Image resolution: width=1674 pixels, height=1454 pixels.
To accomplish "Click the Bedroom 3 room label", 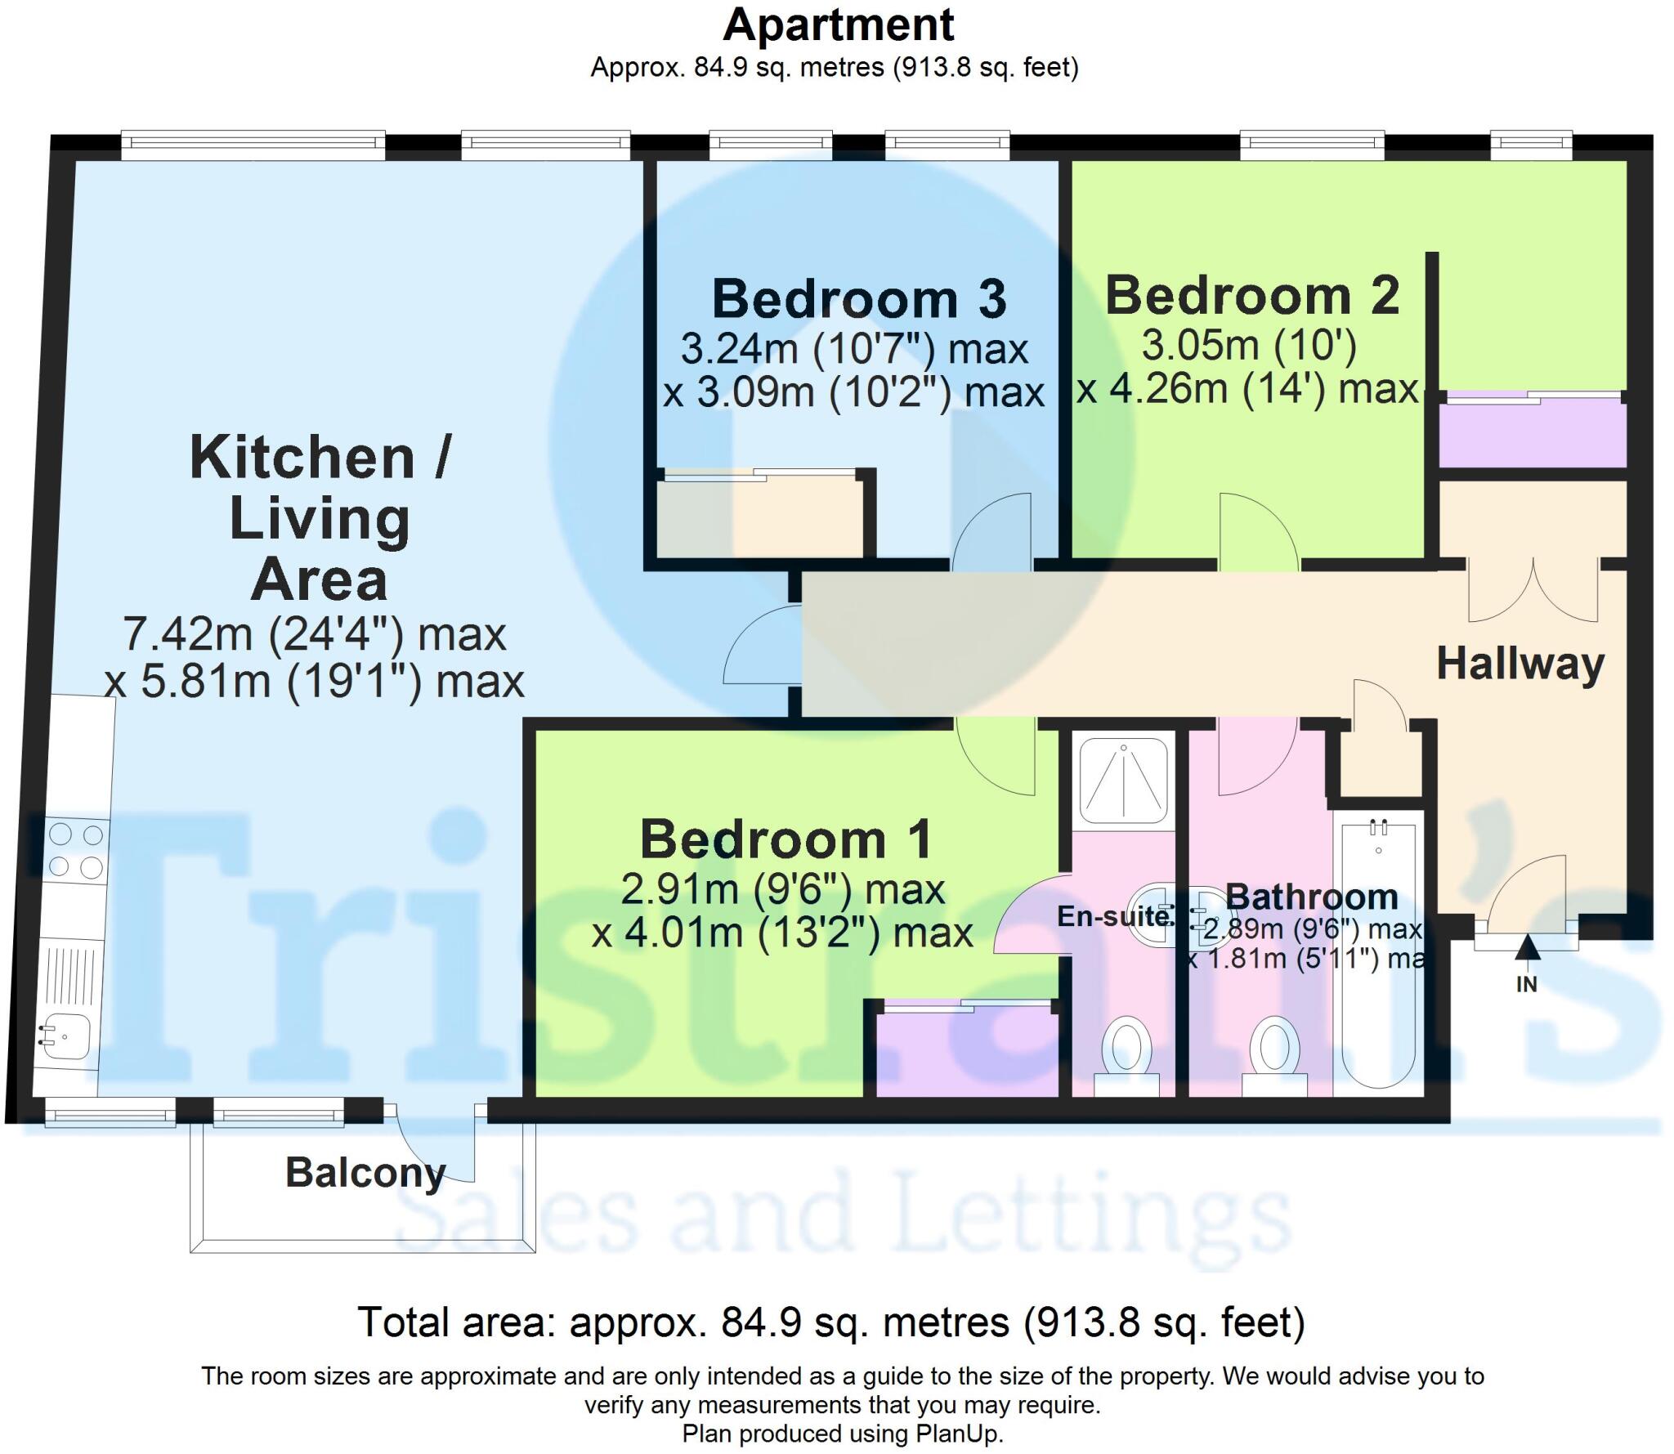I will [x=859, y=299].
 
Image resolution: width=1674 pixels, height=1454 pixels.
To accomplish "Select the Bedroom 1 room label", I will [x=786, y=839].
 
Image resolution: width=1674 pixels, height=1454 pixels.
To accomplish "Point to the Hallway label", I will [x=1520, y=664].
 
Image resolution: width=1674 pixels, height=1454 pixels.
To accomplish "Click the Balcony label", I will [x=365, y=1173].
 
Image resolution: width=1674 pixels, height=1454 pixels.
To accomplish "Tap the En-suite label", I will [x=1113, y=916].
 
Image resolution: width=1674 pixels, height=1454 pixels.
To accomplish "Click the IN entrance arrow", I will [x=1527, y=950].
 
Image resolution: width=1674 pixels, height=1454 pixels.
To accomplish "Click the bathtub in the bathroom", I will [x=1379, y=952].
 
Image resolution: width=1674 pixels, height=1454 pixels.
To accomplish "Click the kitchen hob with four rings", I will [x=76, y=850].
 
